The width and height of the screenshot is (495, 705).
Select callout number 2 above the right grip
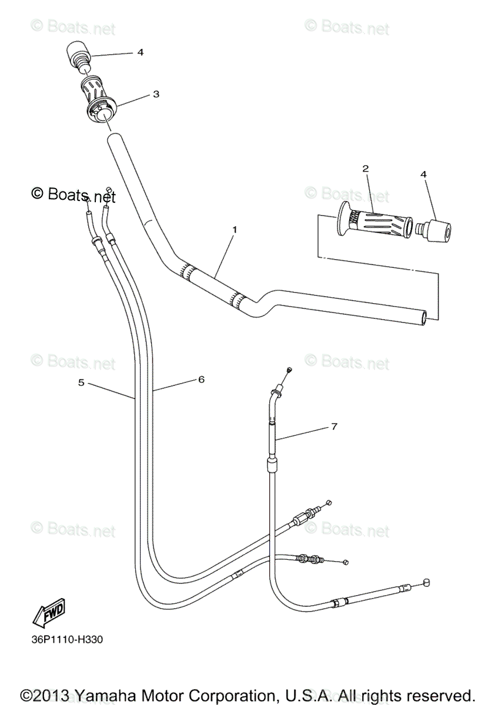coord(365,169)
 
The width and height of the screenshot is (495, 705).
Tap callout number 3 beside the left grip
coord(156,94)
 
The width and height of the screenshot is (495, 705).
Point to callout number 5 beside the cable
coord(81,382)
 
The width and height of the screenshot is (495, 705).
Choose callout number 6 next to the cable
coord(200,380)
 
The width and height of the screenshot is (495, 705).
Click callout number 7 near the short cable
coord(334,427)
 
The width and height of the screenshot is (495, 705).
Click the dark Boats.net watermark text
coord(73,194)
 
